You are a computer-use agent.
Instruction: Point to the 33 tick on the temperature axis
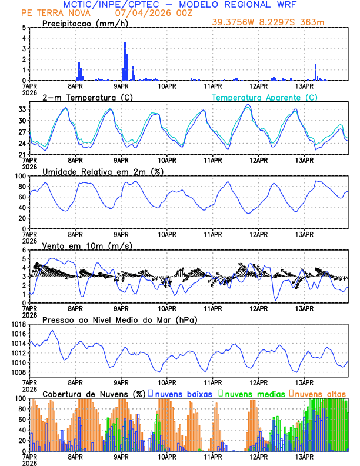click(22, 109)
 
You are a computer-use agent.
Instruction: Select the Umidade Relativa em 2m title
click(102, 171)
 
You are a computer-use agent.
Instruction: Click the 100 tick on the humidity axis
click(20, 176)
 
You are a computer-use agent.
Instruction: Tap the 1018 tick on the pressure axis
click(18, 324)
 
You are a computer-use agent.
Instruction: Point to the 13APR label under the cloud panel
click(304, 456)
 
